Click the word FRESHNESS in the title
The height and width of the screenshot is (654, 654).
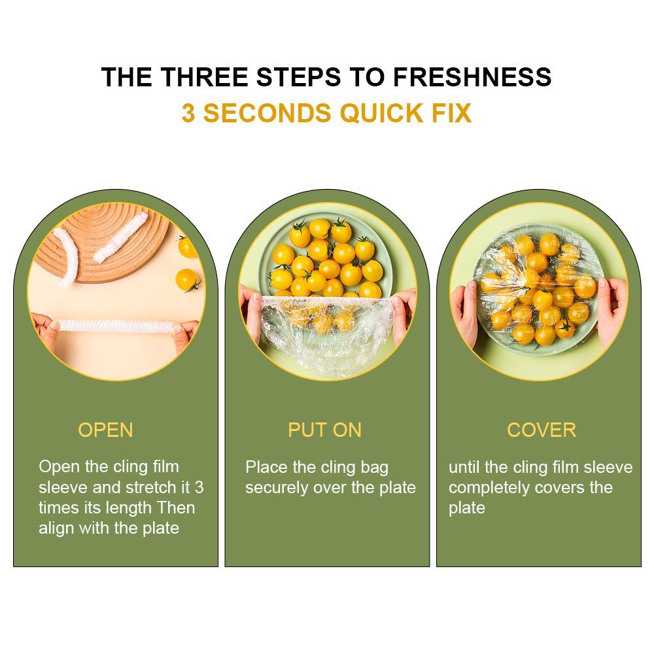pyautogui.click(x=473, y=77)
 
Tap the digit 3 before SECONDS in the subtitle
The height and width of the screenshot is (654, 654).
pyautogui.click(x=188, y=113)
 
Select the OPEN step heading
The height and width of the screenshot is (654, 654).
pyautogui.click(x=105, y=430)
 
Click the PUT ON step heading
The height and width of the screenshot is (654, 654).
pyautogui.click(x=325, y=430)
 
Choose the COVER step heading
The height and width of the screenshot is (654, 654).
pyautogui.click(x=542, y=430)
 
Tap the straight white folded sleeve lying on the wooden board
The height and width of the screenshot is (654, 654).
pyautogui.click(x=121, y=237)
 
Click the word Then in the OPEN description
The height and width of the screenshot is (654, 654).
pyautogui.click(x=176, y=508)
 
